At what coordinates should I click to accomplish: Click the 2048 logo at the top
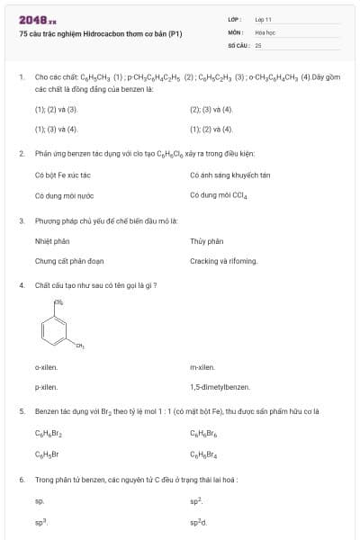pyautogui.click(x=37, y=20)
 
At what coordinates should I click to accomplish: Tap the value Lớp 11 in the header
pyautogui.click(x=264, y=19)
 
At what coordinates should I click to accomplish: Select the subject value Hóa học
pyautogui.click(x=265, y=31)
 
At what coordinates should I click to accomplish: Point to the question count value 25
pyautogui.click(x=258, y=44)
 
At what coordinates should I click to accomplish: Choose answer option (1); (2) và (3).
pyautogui.click(x=57, y=110)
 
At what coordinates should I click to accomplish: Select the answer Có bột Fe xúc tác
pyautogui.click(x=63, y=175)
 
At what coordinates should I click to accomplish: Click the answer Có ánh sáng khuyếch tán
pyautogui.click(x=230, y=175)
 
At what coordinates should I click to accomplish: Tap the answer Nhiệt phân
pyautogui.click(x=52, y=241)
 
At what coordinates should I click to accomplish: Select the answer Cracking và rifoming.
pyautogui.click(x=224, y=261)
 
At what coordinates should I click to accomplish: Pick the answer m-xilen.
pyautogui.click(x=202, y=367)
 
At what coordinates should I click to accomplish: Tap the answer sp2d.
pyautogui.click(x=198, y=522)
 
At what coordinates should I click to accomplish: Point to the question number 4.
pyautogui.click(x=22, y=285)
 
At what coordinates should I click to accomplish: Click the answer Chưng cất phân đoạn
pyautogui.click(x=69, y=261)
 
